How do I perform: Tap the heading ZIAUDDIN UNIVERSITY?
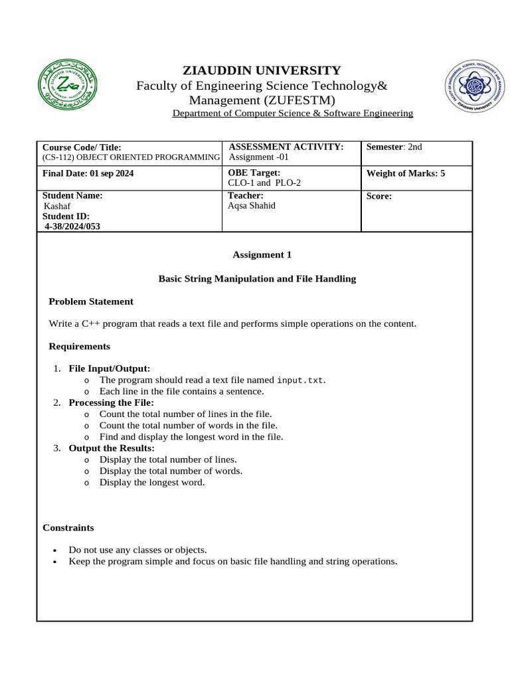pyautogui.click(x=262, y=70)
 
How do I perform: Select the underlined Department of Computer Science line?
pyautogui.click(x=293, y=114)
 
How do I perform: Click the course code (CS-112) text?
pyautogui.click(x=131, y=157)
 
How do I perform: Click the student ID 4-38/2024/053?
pyautogui.click(x=73, y=226)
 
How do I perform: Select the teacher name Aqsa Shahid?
pyautogui.click(x=252, y=206)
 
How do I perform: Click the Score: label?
pyautogui.click(x=379, y=197)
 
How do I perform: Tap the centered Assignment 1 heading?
pyautogui.click(x=262, y=254)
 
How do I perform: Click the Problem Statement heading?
pyautogui.click(x=91, y=301)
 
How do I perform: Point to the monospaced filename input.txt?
pyautogui.click(x=301, y=381)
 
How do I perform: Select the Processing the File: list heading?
pyautogui.click(x=111, y=402)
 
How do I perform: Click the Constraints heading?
pyautogui.click(x=68, y=528)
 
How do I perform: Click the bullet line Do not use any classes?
pyautogui.click(x=138, y=550)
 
